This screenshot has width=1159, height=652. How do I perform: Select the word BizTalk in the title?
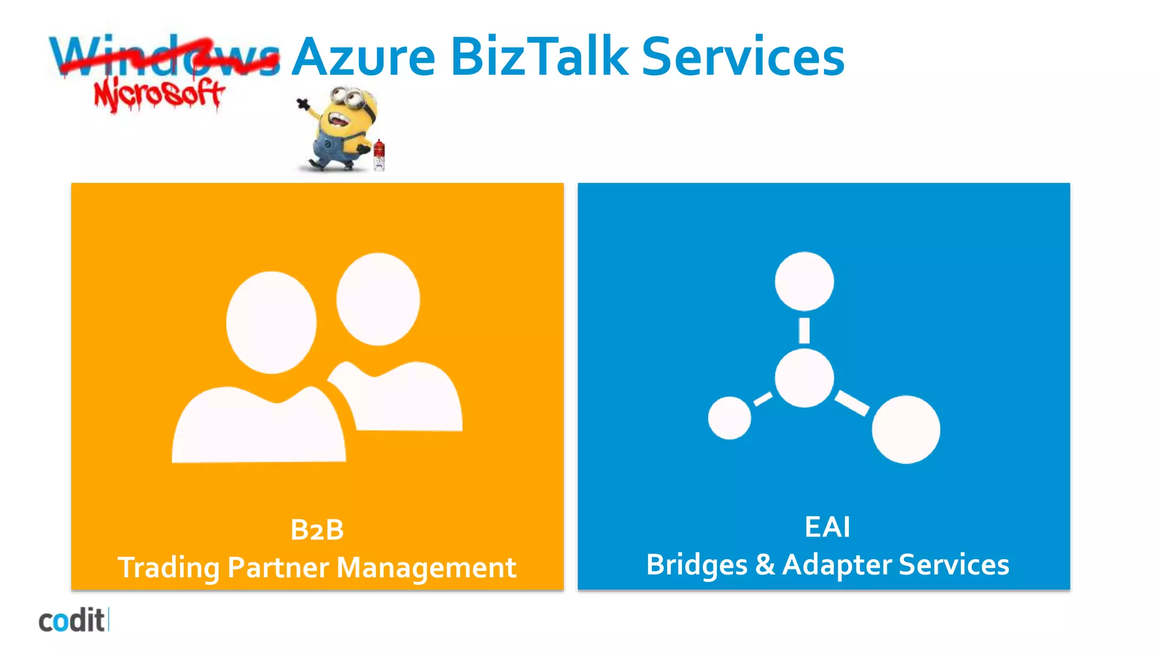click(539, 57)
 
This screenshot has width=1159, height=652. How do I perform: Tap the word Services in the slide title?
click(742, 57)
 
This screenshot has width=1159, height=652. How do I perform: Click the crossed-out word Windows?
click(164, 57)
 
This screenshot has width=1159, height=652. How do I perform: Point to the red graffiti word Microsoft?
click(159, 95)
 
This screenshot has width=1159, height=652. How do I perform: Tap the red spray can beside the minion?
click(379, 155)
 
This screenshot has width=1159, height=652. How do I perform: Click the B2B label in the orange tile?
click(317, 530)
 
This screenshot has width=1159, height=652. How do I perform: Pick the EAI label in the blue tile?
click(827, 527)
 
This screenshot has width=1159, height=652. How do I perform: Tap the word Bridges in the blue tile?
click(697, 565)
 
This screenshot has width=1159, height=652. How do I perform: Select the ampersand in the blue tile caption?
click(765, 564)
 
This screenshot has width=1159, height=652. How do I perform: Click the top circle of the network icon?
click(804, 281)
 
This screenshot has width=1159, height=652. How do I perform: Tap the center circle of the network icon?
click(804, 378)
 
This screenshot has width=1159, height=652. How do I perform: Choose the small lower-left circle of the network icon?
click(729, 418)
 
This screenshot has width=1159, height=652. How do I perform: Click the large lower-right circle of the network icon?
click(905, 429)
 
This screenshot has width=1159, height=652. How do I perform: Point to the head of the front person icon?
click(272, 323)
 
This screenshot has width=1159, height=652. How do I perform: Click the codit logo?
click(72, 621)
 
